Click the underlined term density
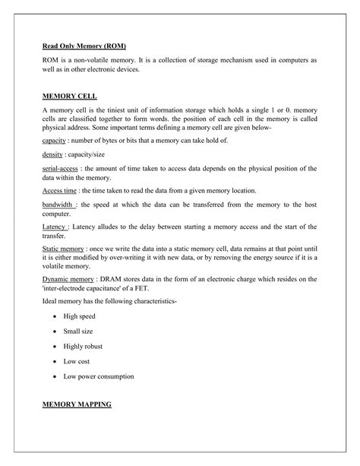coord(52,154)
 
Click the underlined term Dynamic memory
coord(68,280)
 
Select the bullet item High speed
coord(80,315)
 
